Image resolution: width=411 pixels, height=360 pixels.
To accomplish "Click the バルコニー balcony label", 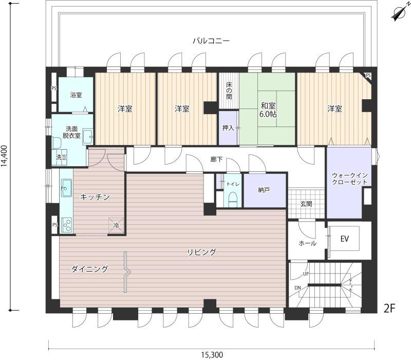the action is tap(211, 41).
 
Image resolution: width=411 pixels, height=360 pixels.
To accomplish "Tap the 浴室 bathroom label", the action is tap(76, 95).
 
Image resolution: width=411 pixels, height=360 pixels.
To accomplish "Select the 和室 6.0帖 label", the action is tap(268, 110).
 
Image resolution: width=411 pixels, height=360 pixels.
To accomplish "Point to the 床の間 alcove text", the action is tap(229, 91).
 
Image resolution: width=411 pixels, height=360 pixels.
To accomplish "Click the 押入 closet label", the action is tap(228, 128).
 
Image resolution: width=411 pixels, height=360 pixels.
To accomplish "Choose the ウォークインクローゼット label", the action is tap(350, 178).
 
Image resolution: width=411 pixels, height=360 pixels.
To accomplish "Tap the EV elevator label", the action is tap(344, 239).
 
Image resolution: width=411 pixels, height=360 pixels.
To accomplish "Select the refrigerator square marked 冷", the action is tap(116, 225).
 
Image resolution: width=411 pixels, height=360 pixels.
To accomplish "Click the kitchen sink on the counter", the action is tap(67, 188).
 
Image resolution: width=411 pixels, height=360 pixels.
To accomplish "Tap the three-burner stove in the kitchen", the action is tap(67, 225).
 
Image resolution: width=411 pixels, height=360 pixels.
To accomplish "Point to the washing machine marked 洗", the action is tap(60, 157).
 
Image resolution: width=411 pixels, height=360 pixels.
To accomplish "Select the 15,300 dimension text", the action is tap(212, 355).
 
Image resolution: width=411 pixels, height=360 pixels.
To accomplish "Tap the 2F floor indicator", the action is tap(389, 308).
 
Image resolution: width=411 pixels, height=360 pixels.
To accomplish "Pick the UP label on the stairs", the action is tap(306, 274).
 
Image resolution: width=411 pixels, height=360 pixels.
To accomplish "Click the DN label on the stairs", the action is tap(297, 288).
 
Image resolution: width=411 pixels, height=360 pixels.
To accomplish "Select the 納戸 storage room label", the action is tap(264, 190).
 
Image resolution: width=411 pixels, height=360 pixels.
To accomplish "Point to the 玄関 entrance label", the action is tap(306, 204).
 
